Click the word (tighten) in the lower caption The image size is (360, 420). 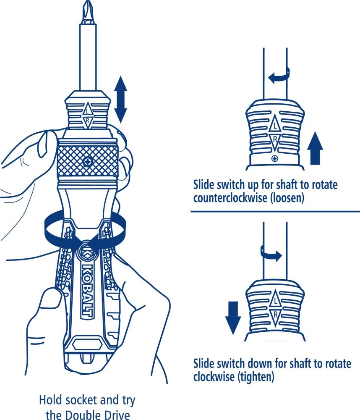[x=255, y=377]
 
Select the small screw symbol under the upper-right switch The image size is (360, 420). [x=274, y=158]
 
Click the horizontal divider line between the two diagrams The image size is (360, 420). [x=275, y=211]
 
